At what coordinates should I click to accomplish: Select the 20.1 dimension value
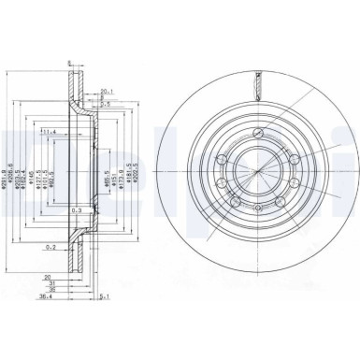107,92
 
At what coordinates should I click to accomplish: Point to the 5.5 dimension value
107,105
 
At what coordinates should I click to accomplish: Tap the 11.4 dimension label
49,132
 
